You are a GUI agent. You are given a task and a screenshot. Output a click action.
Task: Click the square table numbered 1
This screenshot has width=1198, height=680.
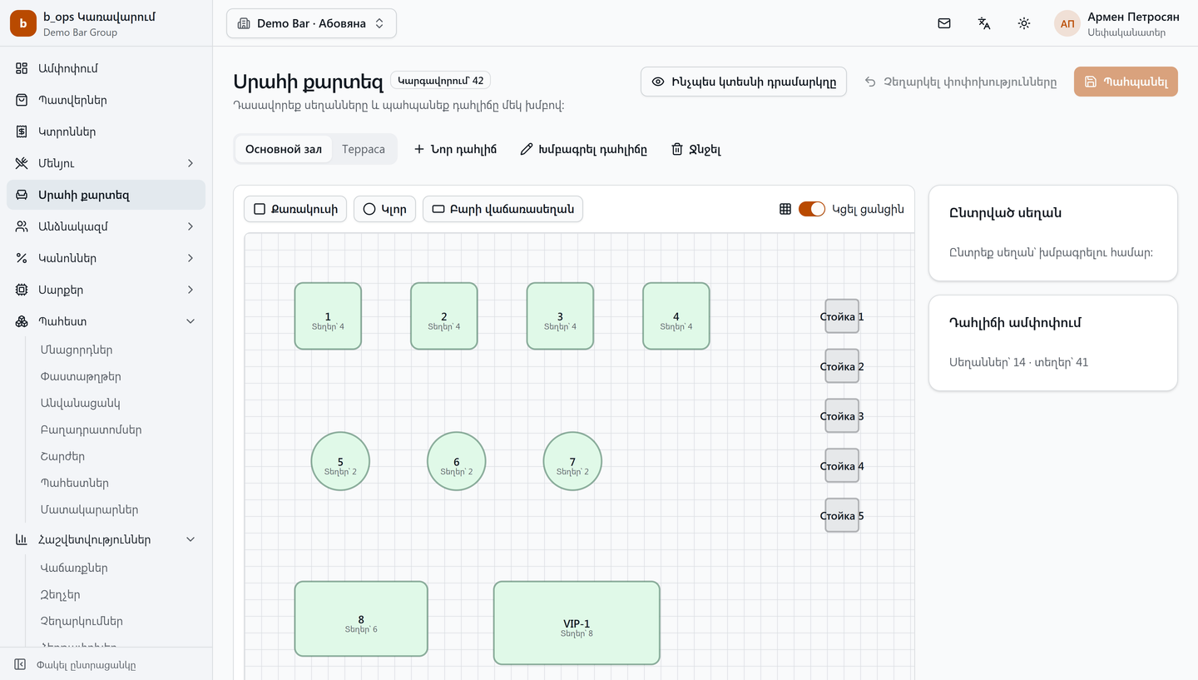coord(328,316)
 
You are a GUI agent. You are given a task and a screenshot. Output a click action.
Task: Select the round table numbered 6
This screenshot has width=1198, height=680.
coord(456,461)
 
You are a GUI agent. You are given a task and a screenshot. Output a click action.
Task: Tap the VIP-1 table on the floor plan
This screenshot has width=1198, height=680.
coord(577,623)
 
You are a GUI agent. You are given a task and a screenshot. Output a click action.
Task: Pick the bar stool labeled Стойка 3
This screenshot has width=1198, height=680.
coord(842,415)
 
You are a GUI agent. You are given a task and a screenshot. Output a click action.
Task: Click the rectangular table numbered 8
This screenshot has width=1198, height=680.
coord(361,619)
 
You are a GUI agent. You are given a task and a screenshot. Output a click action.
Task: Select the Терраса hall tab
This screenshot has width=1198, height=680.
coord(363,149)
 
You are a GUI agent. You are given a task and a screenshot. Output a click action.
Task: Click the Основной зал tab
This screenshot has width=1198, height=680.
coord(284,149)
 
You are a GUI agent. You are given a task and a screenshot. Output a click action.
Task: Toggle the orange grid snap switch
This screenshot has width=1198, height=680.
coord(811,209)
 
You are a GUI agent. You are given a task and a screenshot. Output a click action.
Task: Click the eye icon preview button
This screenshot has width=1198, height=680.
coord(744,82)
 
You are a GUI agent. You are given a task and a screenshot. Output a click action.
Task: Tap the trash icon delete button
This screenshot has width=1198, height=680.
coord(696,149)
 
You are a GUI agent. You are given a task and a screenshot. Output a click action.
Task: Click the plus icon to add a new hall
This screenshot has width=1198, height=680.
coord(418,149)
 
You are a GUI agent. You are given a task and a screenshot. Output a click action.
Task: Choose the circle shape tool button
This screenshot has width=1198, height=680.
coord(384,209)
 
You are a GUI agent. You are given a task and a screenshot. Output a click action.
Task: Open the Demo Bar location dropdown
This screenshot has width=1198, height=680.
coord(311,23)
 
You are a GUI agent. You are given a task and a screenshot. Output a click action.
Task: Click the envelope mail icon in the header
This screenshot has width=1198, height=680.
coord(944,23)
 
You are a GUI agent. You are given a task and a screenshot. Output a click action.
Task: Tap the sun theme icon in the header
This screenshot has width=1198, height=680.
coord(1023,23)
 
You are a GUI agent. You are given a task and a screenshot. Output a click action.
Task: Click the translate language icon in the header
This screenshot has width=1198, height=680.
coord(984,23)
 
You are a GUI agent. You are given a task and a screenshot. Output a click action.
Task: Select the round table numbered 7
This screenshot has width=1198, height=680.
coord(572,461)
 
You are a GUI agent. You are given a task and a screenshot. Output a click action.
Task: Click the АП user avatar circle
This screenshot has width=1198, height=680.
coord(1067,23)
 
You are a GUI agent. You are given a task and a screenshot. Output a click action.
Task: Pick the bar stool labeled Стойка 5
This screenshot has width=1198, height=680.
coord(842,515)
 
